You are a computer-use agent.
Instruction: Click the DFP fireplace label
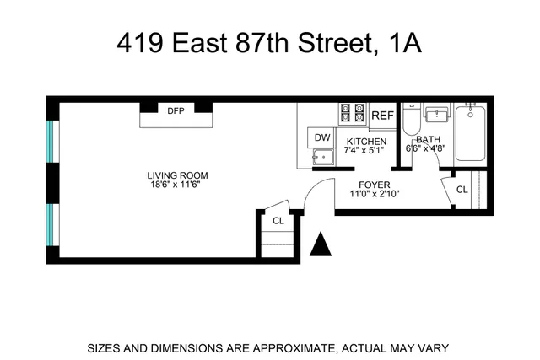[175, 110]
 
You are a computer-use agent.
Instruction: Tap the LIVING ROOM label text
[175, 175]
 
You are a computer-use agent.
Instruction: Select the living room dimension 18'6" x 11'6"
[175, 185]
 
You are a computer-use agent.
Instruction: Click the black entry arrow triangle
[321, 245]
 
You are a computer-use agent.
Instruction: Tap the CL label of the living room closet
[278, 221]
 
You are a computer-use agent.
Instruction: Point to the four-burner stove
[352, 112]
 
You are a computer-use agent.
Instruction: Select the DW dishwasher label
[322, 137]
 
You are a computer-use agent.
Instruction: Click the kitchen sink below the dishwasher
[322, 156]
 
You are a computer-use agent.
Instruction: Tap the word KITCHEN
[366, 142]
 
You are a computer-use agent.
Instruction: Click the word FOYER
[373, 183]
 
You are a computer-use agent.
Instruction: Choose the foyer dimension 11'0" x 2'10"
[373, 193]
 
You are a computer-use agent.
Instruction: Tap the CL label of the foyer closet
[462, 190]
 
